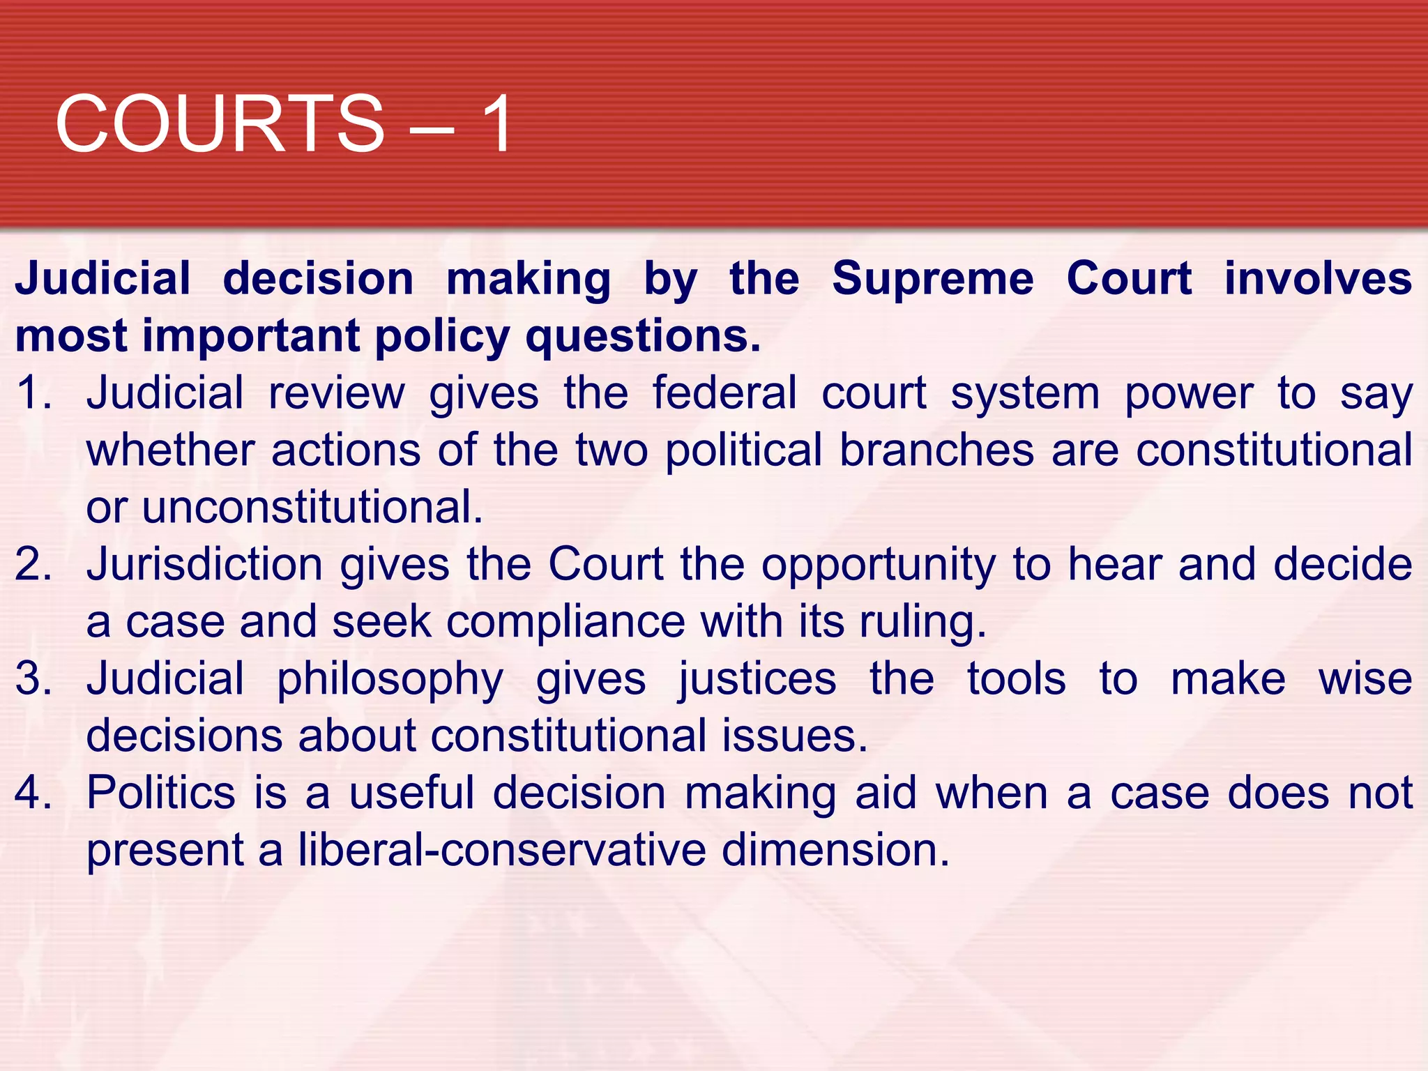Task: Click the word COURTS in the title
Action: click(x=220, y=124)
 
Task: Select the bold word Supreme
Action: click(x=933, y=279)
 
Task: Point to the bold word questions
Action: click(x=642, y=336)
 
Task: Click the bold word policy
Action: click(x=443, y=337)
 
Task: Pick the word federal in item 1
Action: click(x=724, y=393)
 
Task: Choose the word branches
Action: click(x=936, y=450)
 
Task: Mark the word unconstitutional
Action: click(x=312, y=507)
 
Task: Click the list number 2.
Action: click(x=32, y=564)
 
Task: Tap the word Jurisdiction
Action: click(x=204, y=564)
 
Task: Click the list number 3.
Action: click(x=32, y=678)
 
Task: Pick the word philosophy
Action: click(x=390, y=680)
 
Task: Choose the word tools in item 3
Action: click(x=1016, y=678)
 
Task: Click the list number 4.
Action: click(x=32, y=793)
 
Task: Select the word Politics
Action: click(x=161, y=793)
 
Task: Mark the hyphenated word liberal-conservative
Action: click(x=502, y=850)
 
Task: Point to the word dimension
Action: click(x=835, y=850)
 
